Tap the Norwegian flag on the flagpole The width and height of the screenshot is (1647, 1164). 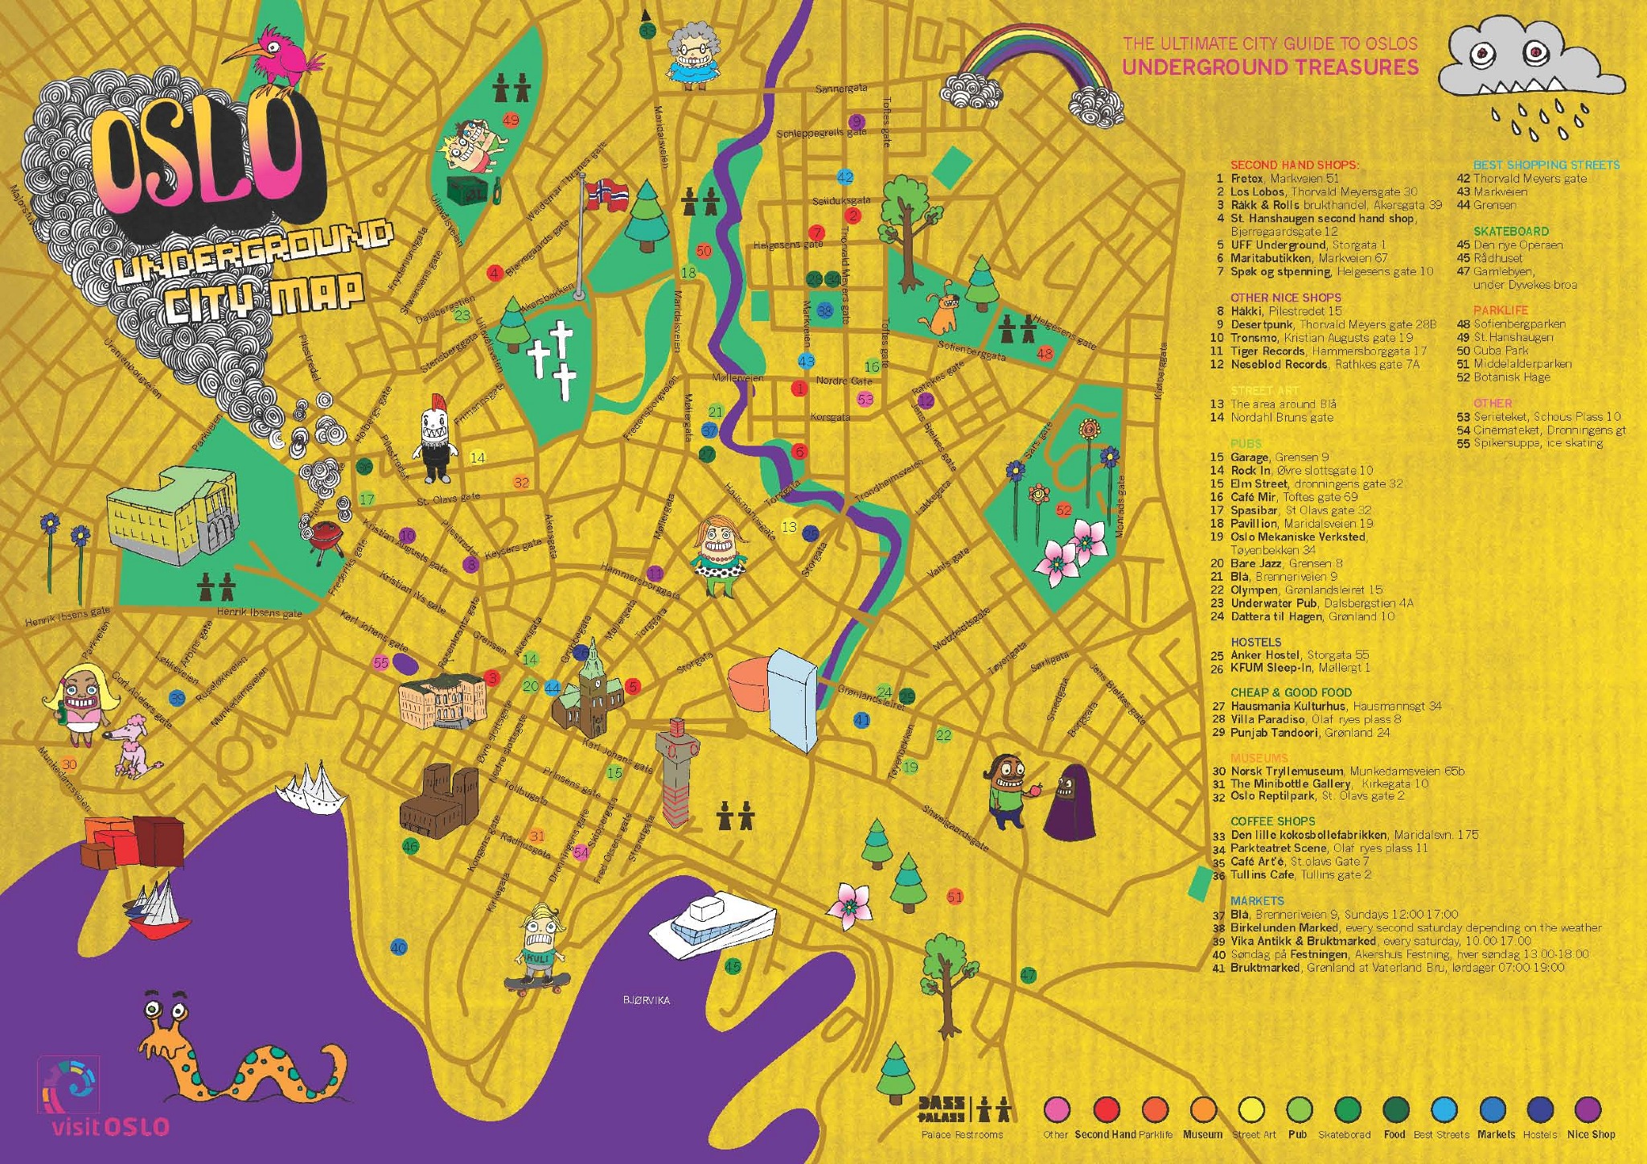point(606,194)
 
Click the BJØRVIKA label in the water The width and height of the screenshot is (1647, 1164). point(646,1001)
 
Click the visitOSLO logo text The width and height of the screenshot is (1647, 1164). point(110,1126)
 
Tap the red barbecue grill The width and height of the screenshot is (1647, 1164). point(326,534)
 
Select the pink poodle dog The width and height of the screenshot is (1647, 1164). point(132,745)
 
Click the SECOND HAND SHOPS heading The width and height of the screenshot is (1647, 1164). point(1294,165)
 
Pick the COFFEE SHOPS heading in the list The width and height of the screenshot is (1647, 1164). point(1272,821)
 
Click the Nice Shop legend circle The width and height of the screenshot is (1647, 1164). point(1588,1109)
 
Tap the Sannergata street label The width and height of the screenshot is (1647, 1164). point(841,88)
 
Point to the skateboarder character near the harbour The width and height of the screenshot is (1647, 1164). point(537,949)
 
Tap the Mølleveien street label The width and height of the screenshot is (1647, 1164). point(737,377)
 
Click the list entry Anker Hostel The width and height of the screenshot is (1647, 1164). point(1267,655)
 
